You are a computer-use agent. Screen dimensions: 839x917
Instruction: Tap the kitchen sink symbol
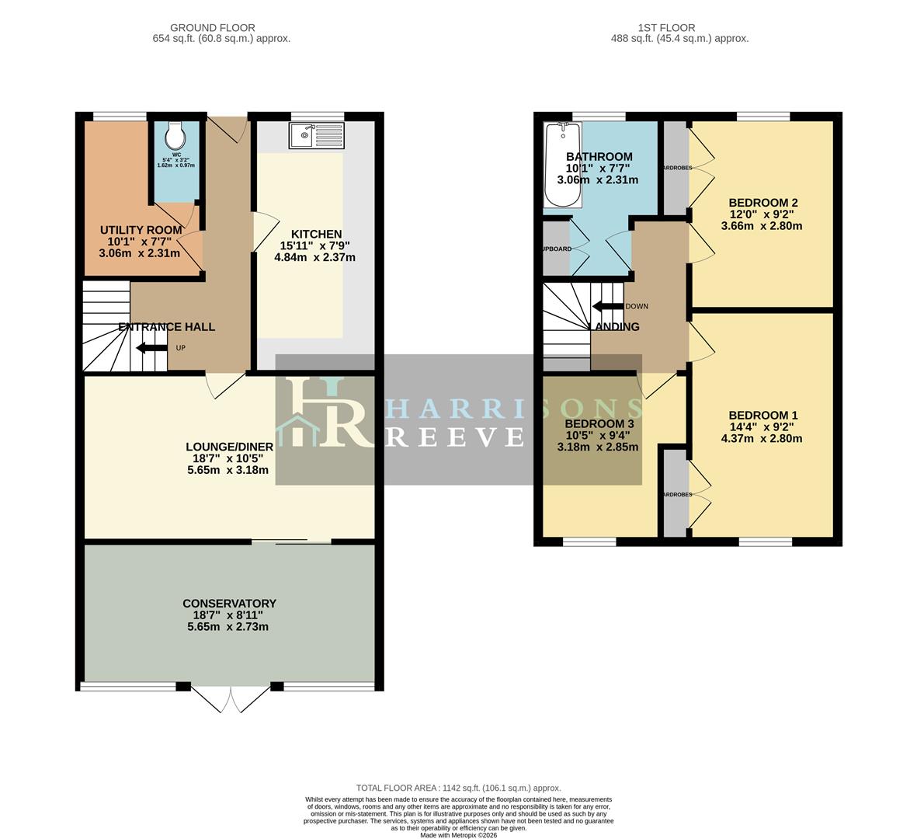(315, 136)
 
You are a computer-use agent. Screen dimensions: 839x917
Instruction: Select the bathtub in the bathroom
(563, 165)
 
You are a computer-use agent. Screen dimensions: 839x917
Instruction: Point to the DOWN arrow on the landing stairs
(607, 306)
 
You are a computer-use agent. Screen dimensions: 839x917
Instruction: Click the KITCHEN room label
(316, 234)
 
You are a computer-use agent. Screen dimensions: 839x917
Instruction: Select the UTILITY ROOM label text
(141, 230)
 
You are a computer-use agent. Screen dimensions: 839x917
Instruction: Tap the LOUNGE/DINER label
(229, 447)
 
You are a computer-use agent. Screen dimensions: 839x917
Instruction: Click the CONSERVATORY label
(229, 604)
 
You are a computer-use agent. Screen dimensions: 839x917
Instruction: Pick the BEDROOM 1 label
(762, 415)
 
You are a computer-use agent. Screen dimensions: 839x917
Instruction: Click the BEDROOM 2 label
(762, 203)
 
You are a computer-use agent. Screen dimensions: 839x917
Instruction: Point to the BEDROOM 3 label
(599, 423)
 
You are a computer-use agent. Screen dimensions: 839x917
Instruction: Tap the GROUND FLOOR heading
(212, 28)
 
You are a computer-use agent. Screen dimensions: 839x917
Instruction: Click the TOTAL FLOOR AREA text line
(458, 788)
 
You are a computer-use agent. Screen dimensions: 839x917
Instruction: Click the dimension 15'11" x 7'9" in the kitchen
(316, 245)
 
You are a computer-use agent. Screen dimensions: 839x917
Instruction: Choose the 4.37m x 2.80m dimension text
(762, 438)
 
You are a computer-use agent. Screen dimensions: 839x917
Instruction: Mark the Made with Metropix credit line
(458, 835)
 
